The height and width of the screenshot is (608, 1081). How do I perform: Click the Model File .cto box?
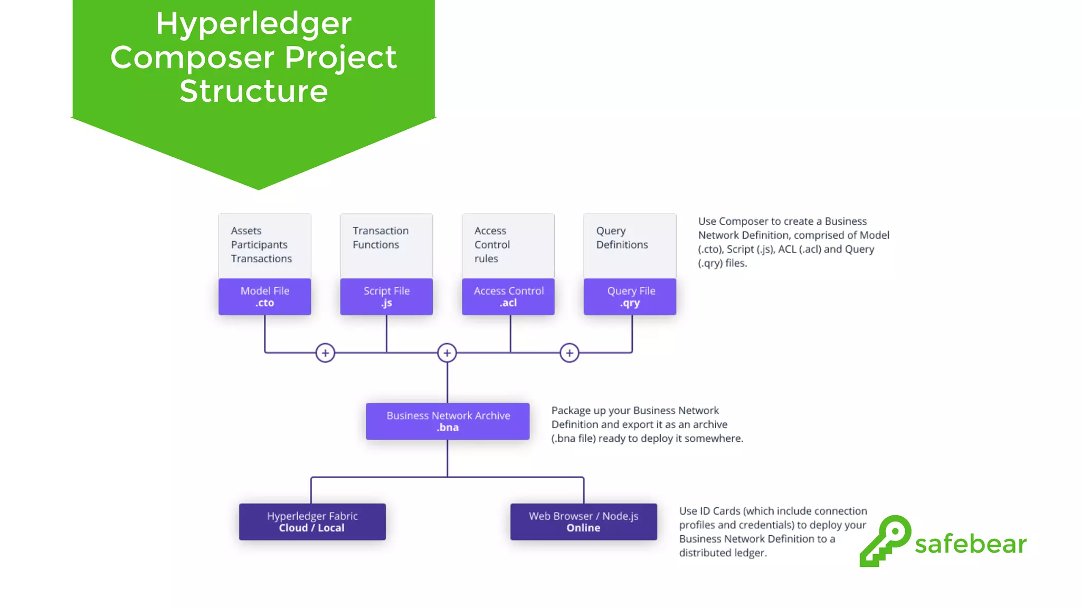point(264,297)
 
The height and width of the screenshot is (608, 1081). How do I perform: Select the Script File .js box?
point(386,297)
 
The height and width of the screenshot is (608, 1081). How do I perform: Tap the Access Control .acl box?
point(508,297)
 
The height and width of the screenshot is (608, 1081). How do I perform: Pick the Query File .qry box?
point(630,297)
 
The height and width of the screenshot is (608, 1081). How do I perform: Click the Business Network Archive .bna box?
point(448,421)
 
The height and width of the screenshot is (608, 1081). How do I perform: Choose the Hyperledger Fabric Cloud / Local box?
point(312,521)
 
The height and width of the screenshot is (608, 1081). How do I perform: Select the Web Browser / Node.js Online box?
point(583,521)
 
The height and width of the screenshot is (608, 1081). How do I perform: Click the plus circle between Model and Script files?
point(325,353)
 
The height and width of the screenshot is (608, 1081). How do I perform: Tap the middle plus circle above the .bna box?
point(447,353)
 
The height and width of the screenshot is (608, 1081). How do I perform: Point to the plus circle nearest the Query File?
point(569,353)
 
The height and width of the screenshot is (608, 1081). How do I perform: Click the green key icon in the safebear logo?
point(886,541)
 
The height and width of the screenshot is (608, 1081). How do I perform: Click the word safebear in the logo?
point(970,544)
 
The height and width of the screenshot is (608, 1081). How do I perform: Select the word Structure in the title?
point(253,91)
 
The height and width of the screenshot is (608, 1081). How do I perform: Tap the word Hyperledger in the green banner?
point(253,24)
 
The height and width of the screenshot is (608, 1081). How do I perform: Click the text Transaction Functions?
point(380,237)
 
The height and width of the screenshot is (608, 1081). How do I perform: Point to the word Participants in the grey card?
point(259,245)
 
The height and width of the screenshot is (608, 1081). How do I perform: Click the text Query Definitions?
point(622,237)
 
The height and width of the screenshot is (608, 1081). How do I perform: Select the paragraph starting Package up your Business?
point(647,424)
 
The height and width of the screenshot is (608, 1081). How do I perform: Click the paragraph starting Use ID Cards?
point(772,531)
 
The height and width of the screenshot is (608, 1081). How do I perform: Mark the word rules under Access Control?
point(486,259)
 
